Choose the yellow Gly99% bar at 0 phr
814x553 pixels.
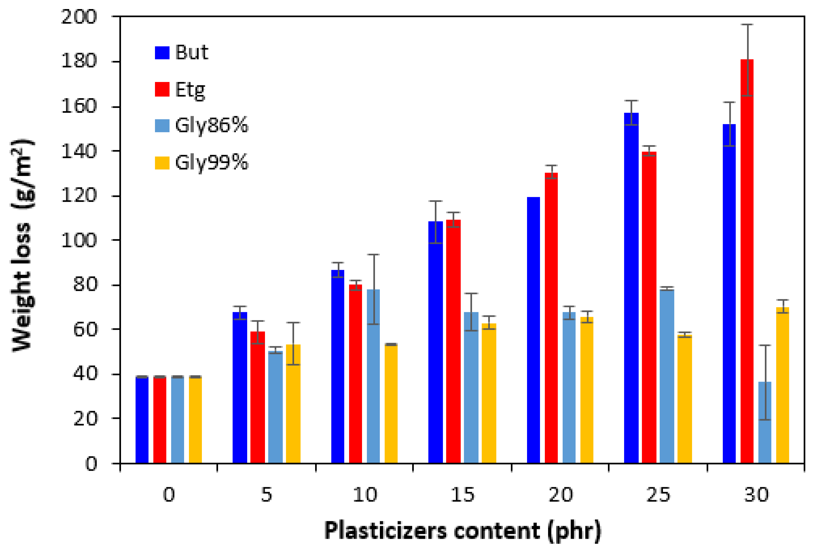coord(195,421)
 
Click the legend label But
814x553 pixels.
coord(191,52)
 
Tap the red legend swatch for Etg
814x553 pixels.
coord(162,89)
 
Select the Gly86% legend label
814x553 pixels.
coord(211,125)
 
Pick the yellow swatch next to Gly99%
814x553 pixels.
coord(162,163)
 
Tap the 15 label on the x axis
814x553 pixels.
coord(462,495)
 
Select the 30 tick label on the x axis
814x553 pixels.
coord(756,495)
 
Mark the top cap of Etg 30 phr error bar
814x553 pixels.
coord(747,25)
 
